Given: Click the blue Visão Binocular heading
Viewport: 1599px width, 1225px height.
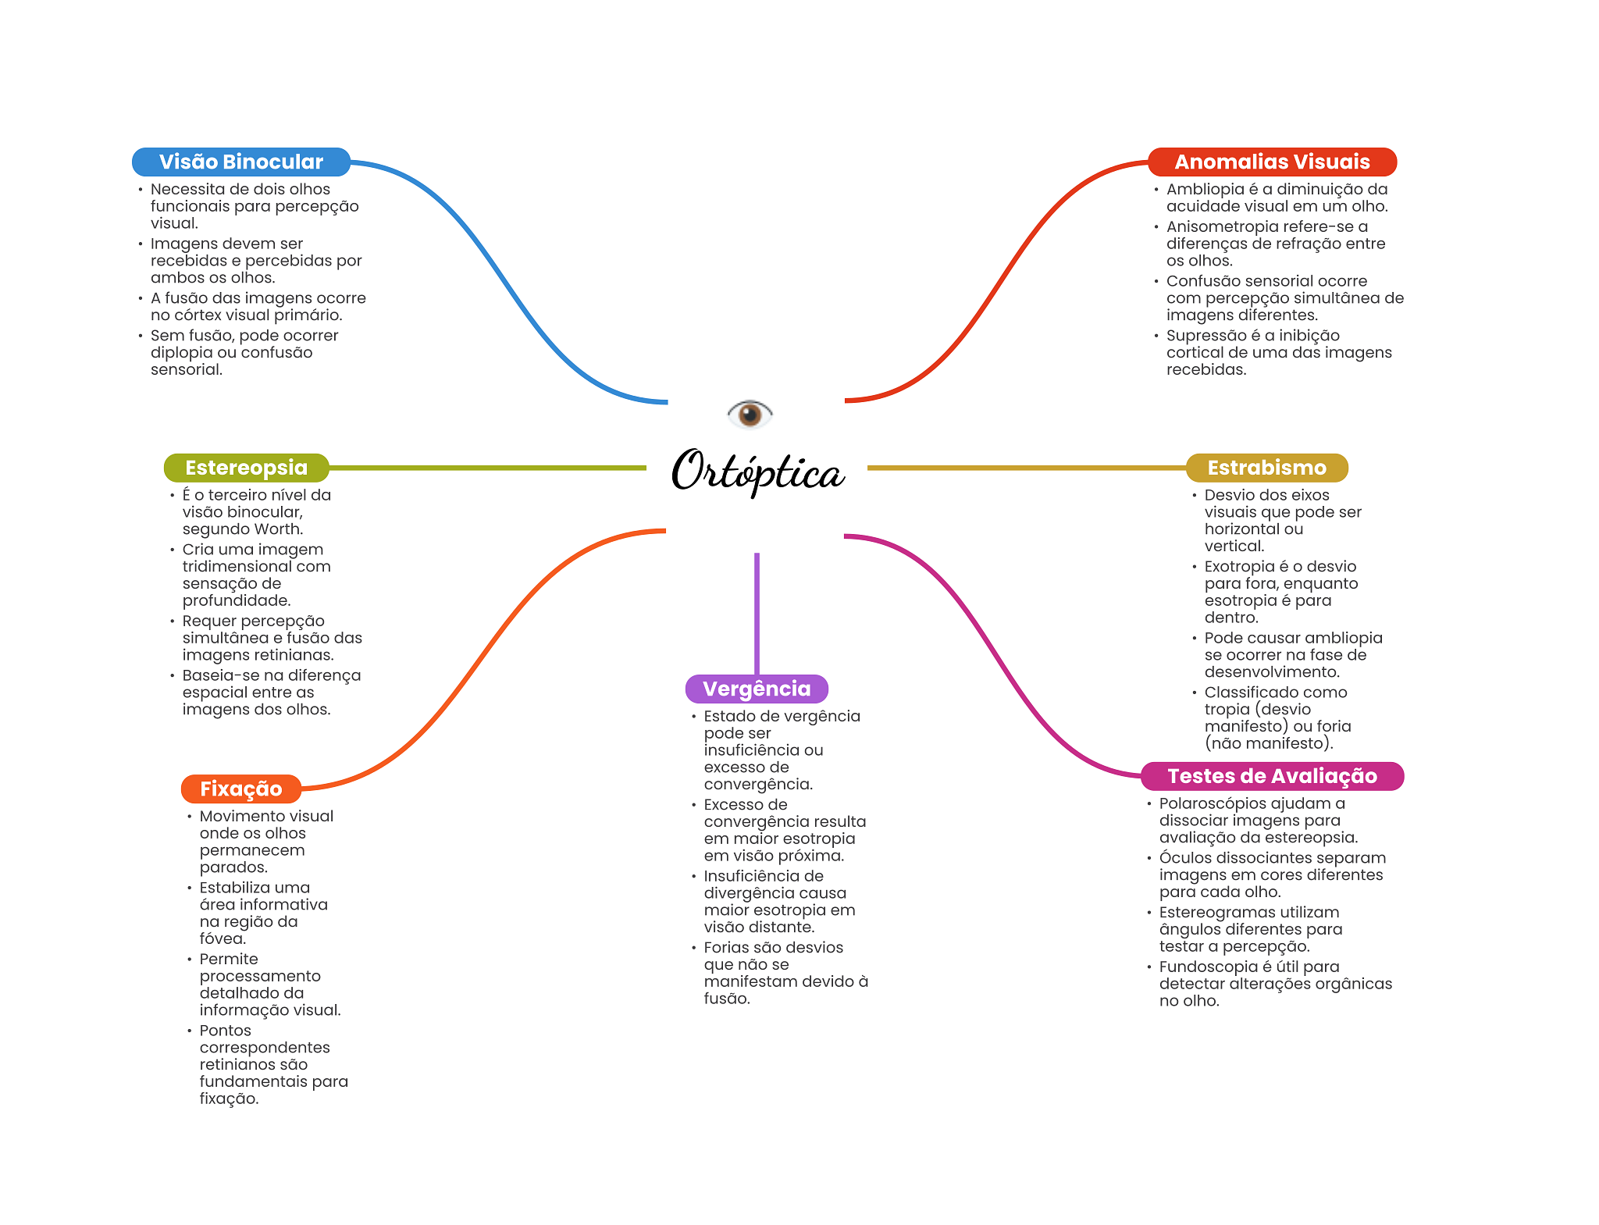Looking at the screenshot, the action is [241, 162].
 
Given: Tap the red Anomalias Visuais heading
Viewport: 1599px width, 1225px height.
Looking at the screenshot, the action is [1272, 162].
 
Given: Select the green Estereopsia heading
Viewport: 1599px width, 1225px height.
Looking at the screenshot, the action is [246, 468].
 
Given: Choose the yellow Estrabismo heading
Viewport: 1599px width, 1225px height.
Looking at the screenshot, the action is [1266, 468].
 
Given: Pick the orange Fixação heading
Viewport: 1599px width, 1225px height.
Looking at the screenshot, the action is [241, 789].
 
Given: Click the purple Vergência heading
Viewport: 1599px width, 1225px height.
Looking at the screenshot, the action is [757, 689].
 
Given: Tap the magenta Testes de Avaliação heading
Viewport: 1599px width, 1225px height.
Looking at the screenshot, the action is [1272, 776].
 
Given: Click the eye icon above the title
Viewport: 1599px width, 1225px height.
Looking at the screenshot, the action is [750, 413].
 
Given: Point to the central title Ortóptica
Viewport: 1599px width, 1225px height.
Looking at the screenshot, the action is [757, 471].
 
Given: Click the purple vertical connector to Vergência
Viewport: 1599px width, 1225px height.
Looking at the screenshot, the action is [757, 614].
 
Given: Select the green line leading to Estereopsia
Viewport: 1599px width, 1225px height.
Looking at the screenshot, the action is [487, 468].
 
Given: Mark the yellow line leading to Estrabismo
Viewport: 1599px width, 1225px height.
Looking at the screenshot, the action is [1027, 468].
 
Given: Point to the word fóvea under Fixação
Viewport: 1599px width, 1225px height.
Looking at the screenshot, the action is [223, 938].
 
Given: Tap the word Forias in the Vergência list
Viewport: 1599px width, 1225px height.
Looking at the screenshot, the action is [725, 948].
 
